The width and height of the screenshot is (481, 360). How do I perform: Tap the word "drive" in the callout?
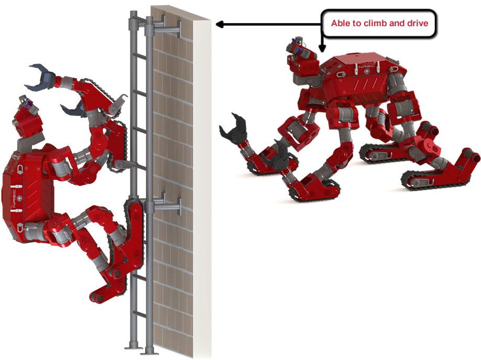point(417,24)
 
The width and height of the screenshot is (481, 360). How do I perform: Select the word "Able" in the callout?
point(338,24)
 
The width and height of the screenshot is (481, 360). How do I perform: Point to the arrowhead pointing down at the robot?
point(322,48)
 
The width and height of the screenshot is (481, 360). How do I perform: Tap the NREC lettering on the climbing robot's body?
point(13,200)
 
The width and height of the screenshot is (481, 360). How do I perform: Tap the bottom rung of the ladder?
point(139,314)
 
